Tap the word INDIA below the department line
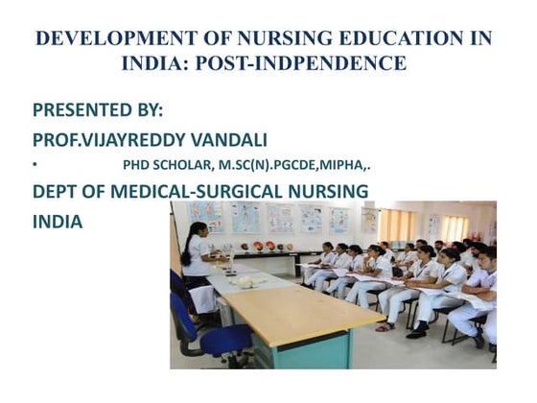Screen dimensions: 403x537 click(58, 221)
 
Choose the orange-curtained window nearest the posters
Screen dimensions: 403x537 click(397, 225)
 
